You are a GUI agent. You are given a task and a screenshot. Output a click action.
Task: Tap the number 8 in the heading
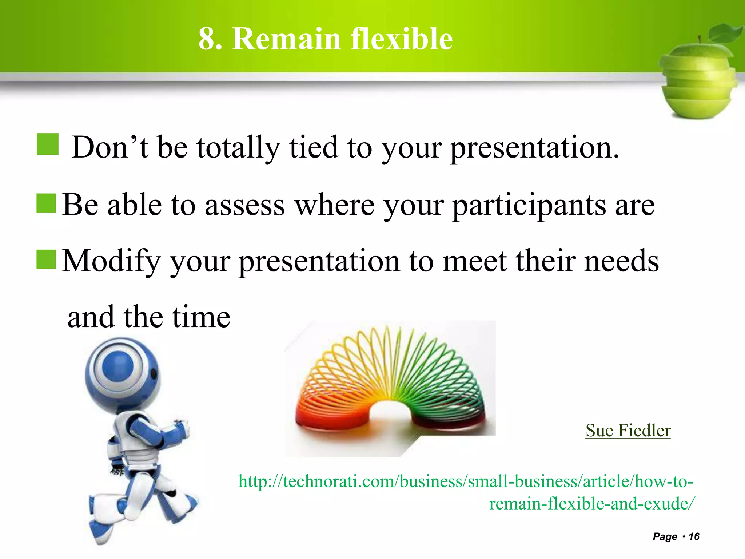[x=206, y=39]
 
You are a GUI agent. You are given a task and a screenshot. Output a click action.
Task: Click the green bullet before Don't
[x=48, y=144]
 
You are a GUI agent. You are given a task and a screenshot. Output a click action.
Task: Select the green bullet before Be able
[x=46, y=203]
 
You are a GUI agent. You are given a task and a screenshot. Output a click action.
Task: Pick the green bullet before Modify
[x=46, y=259]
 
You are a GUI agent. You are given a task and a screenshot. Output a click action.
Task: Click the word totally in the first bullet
[x=238, y=147]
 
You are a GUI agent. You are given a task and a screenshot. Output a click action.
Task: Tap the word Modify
[x=111, y=261]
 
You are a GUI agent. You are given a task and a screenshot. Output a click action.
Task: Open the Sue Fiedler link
[x=628, y=431]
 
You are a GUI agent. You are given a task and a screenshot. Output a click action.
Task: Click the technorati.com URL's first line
[x=466, y=481]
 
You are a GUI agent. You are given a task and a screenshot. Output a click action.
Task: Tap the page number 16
[x=694, y=536]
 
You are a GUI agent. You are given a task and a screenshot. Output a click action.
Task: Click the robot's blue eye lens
[x=119, y=366]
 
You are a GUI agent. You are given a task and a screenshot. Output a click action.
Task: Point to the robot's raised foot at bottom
[x=100, y=528]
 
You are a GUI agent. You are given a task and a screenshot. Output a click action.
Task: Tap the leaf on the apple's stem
[x=726, y=33]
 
